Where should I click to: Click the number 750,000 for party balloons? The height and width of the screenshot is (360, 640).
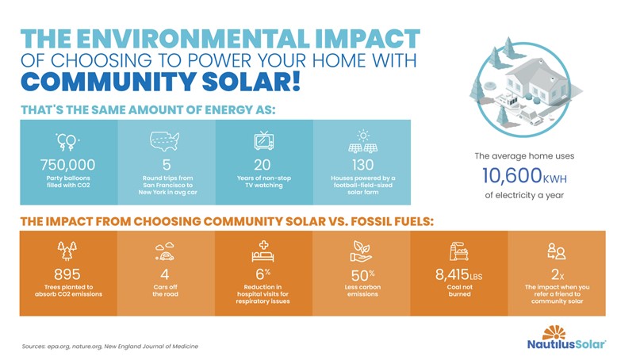(x=67, y=165)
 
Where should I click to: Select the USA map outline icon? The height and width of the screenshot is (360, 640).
(x=166, y=141)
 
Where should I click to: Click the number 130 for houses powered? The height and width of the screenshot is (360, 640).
(x=362, y=165)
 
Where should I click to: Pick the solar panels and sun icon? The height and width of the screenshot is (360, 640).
(x=362, y=141)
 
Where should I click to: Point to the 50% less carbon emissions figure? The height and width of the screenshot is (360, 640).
(x=362, y=274)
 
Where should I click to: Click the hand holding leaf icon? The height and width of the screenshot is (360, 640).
(x=362, y=251)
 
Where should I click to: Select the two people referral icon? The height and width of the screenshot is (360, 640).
(x=557, y=251)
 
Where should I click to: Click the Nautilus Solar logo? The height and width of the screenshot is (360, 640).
(x=565, y=341)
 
